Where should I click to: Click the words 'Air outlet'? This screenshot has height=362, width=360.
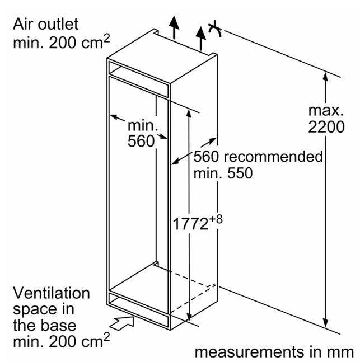(45, 24)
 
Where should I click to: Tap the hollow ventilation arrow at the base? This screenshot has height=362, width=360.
(121, 323)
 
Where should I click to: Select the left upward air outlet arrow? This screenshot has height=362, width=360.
(174, 27)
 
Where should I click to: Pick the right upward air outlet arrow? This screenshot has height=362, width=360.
(201, 38)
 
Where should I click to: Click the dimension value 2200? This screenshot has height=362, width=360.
(326, 127)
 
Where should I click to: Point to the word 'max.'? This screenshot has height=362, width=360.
(326, 111)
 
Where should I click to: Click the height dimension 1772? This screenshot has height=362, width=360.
(190, 224)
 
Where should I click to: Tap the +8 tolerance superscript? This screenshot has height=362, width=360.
(216, 219)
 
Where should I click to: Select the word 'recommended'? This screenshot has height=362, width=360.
(273, 157)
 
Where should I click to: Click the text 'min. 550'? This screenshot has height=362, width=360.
(223, 173)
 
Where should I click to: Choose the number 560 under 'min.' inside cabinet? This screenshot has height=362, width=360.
(141, 141)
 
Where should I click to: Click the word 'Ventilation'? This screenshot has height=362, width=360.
(52, 293)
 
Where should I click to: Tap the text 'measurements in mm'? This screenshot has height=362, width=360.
(274, 352)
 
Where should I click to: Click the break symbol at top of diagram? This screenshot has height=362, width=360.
(215, 29)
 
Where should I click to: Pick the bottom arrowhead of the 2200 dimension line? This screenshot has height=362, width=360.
(325, 323)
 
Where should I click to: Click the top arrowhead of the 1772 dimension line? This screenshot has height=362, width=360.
(189, 114)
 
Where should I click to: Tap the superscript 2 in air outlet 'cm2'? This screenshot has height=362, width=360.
(106, 39)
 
